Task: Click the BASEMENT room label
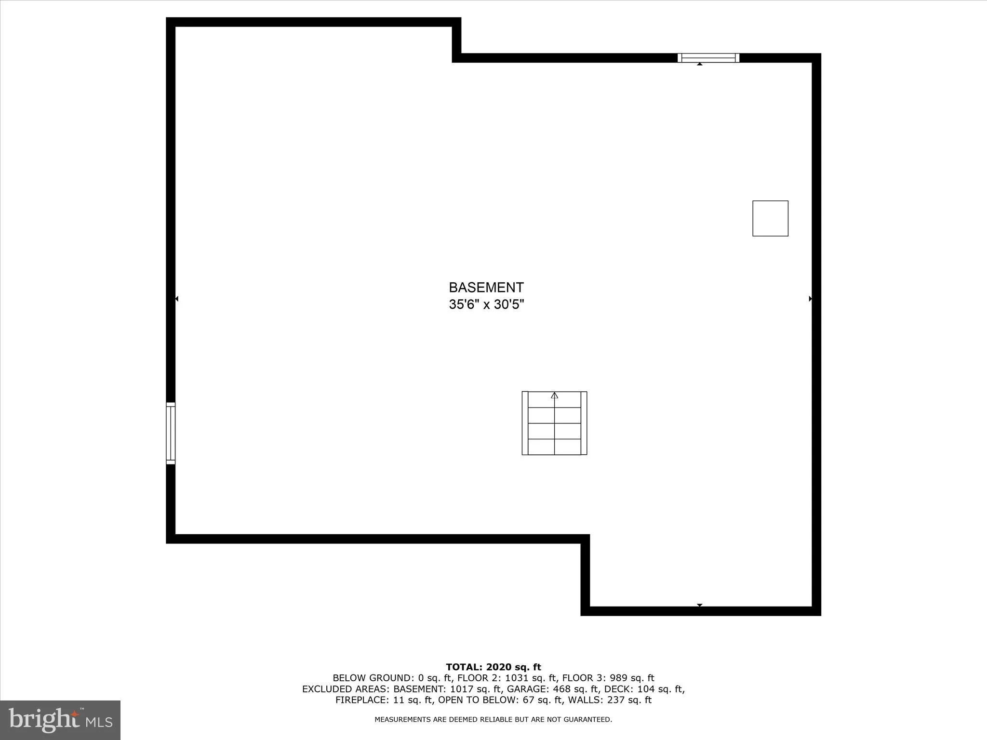[x=486, y=287]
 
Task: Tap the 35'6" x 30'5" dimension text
[x=486, y=304]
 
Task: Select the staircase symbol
[x=554, y=423]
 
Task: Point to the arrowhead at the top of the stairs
[x=554, y=395]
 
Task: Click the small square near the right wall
[x=770, y=218]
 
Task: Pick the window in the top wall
[x=708, y=58]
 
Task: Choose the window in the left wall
[x=171, y=433]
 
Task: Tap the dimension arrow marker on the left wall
[x=177, y=299]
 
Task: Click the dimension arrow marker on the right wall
[x=810, y=299]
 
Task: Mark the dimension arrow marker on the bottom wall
[x=699, y=605]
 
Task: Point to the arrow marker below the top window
[x=699, y=64]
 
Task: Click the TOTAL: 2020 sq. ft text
[x=493, y=667]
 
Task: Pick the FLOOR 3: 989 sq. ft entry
[x=608, y=678]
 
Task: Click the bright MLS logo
[x=60, y=720]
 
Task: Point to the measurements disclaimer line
[x=493, y=719]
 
